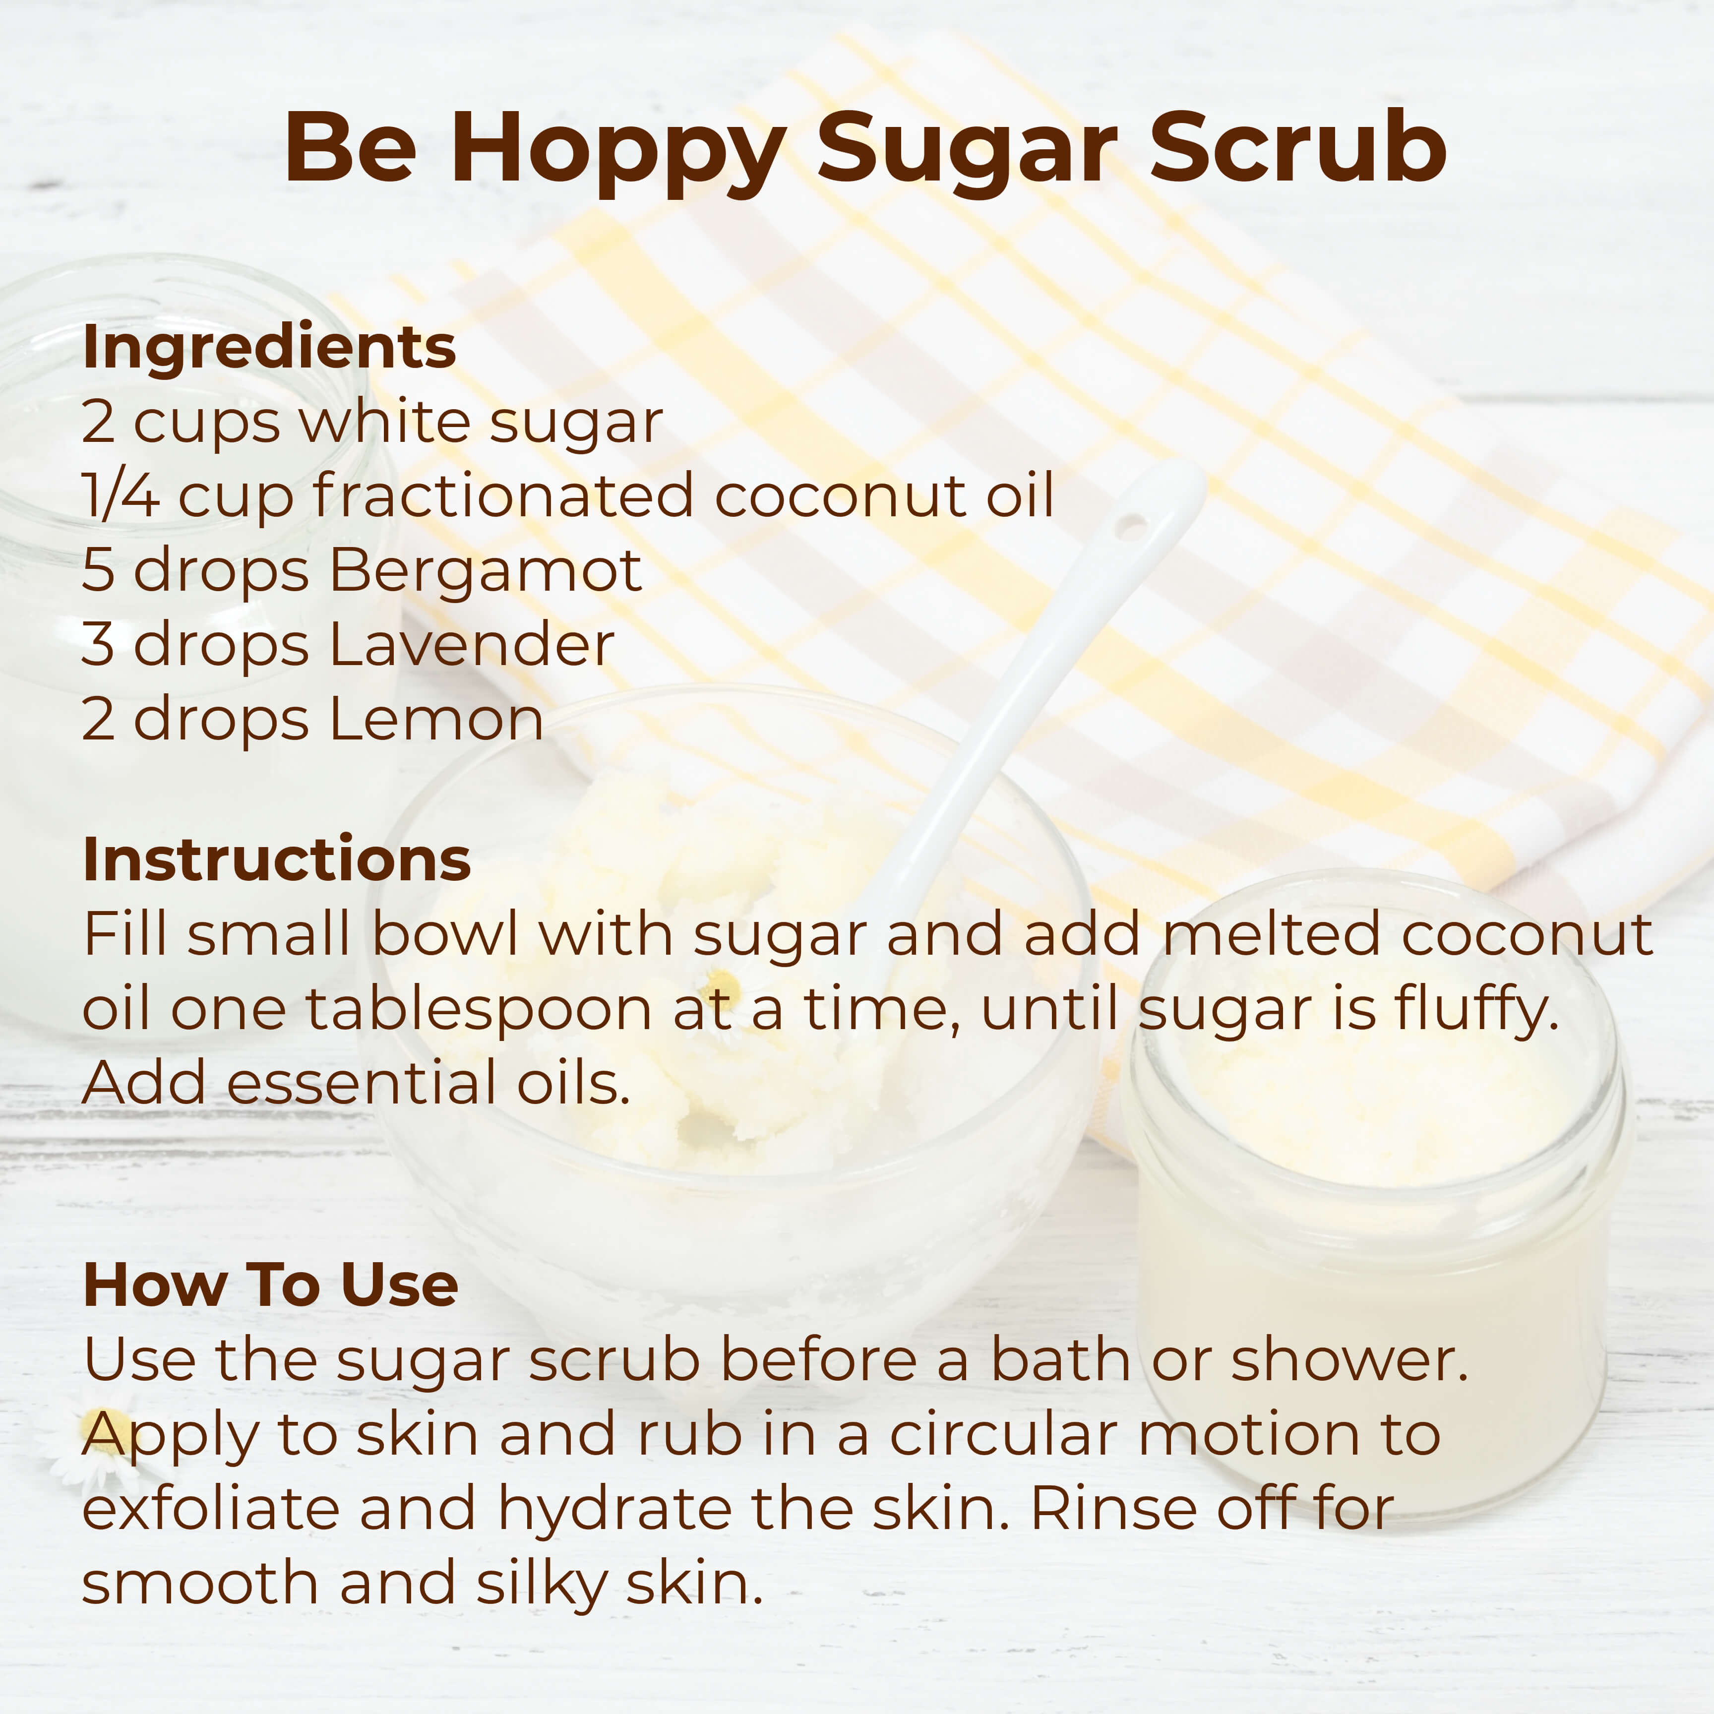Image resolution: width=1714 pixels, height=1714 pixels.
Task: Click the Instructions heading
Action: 277,859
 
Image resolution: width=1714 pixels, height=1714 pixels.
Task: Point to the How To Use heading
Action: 271,1285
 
